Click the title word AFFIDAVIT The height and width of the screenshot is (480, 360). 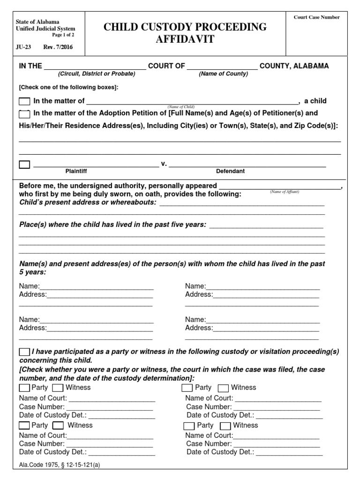pos(185,39)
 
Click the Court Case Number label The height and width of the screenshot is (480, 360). pos(316,17)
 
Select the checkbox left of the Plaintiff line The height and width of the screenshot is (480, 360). pos(24,165)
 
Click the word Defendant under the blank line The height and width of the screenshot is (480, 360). pos(230,172)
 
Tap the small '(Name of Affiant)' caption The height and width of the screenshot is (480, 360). pos(284,192)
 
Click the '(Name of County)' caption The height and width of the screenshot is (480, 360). pos(223,74)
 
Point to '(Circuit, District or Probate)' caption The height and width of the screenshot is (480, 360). pos(96,74)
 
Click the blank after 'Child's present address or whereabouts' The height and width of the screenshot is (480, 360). pos(242,202)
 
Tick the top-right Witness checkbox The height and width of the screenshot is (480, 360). pos(223,388)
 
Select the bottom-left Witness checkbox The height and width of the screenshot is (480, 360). pos(58,426)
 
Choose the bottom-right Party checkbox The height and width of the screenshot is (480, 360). pos(189,426)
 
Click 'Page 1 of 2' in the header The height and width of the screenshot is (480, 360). pos(63,35)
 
